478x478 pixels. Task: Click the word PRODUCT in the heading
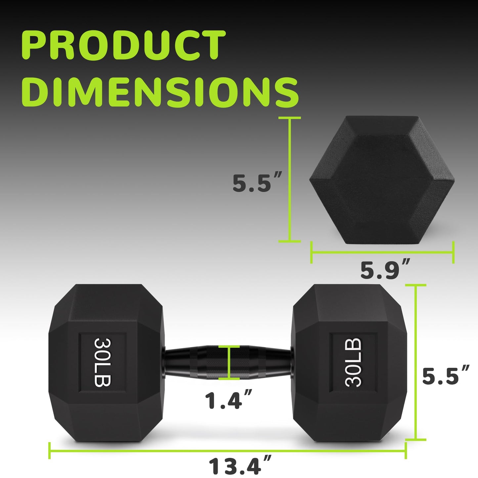123,45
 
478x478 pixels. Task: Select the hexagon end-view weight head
382,180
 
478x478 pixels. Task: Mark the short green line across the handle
229,362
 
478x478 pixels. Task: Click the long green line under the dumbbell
227,451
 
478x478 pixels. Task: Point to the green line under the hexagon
382,253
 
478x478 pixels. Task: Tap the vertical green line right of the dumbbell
415,362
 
